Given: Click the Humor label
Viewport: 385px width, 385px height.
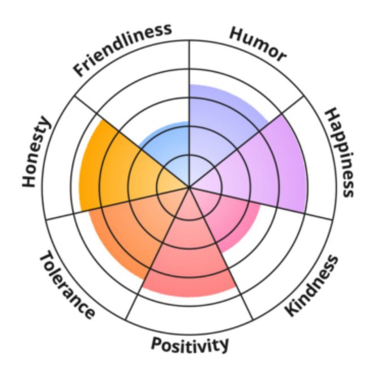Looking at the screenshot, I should (258, 43).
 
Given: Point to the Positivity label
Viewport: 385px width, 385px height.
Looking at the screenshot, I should (190, 344).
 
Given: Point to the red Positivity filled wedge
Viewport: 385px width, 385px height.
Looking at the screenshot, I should (190, 255).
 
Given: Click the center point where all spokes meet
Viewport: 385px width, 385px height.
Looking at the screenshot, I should (189, 186).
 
